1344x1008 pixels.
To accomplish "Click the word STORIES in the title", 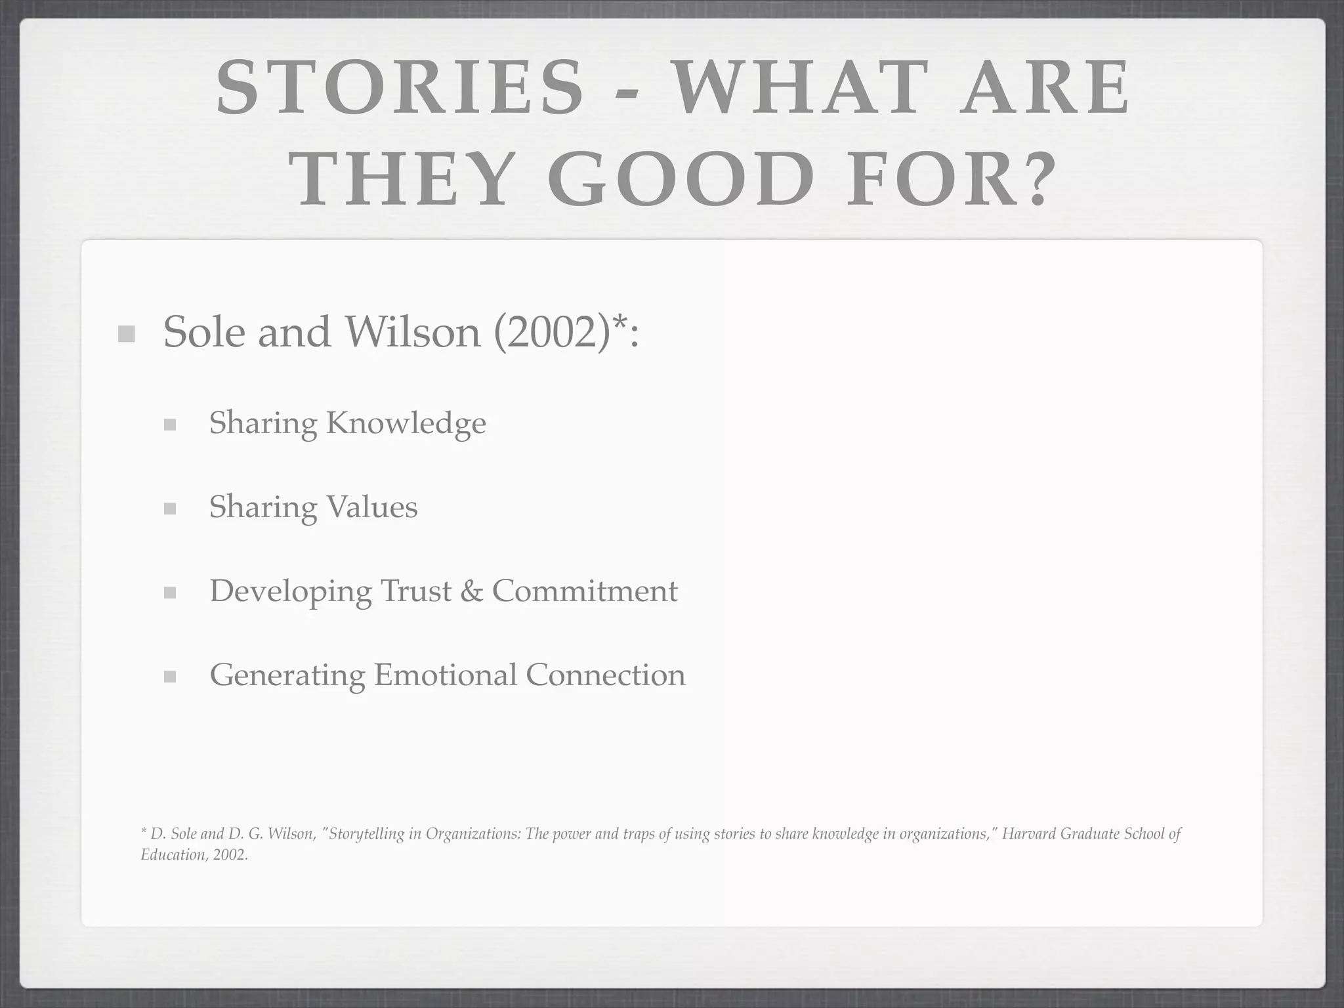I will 400,89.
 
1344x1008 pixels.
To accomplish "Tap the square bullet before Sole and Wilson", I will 126,334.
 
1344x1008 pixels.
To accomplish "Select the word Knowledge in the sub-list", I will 406,423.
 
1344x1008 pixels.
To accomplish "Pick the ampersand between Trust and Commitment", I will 471,591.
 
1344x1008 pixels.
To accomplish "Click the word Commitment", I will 585,591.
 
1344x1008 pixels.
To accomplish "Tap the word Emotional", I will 446,675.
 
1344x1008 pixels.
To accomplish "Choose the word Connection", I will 605,675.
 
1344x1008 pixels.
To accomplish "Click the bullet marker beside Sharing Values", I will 170,509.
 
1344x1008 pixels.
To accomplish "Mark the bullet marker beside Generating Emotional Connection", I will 170,677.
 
